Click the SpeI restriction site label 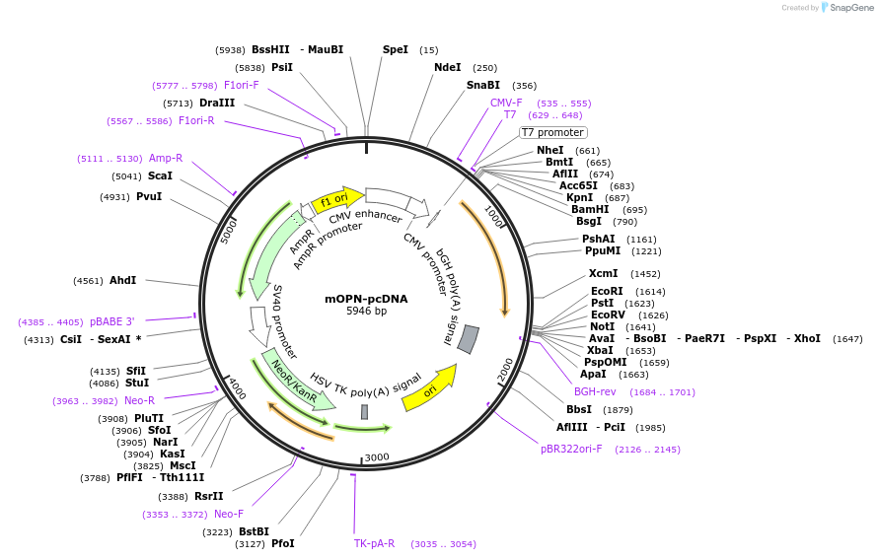(395, 49)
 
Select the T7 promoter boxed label (552, 132)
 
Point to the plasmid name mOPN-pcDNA (366, 298)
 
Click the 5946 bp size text (366, 312)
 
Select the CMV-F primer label (506, 103)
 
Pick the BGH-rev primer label (595, 391)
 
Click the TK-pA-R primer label (374, 543)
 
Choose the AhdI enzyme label (123, 280)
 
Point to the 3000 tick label (377, 457)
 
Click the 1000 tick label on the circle (493, 217)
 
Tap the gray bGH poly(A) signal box (469, 338)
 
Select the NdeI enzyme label (447, 67)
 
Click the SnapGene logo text (847, 8)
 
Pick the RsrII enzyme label (208, 496)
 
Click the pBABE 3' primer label (111, 321)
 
